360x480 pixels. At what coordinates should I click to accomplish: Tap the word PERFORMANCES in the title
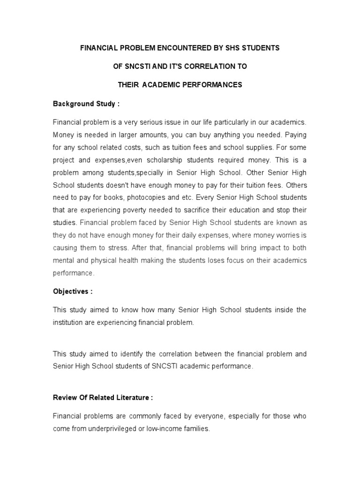coord(213,85)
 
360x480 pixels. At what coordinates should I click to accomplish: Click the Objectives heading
coord(72,291)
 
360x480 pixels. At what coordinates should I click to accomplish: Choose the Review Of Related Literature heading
coord(103,397)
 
